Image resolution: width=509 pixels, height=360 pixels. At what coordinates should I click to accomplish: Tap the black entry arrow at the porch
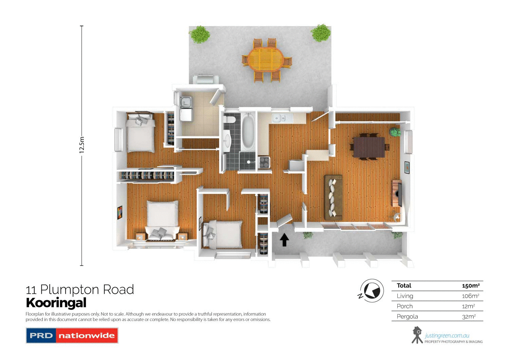click(x=284, y=240)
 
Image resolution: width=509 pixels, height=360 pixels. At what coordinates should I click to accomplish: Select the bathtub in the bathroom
click(x=248, y=131)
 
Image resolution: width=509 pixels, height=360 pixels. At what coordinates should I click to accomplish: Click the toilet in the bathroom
click(x=230, y=120)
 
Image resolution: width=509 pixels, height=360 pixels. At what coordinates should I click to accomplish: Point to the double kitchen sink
click(x=280, y=118)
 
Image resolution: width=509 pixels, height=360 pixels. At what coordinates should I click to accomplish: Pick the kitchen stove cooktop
click(x=264, y=162)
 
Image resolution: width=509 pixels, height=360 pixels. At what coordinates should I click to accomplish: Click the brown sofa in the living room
click(x=333, y=197)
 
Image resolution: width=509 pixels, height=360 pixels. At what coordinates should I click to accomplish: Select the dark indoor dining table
click(x=369, y=147)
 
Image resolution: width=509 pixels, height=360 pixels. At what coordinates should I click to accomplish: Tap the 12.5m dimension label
click(x=82, y=145)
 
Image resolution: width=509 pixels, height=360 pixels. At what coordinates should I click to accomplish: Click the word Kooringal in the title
click(x=56, y=303)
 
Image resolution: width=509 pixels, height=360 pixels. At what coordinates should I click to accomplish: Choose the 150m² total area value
click(x=471, y=286)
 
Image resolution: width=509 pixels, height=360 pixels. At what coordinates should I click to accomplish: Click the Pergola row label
click(x=407, y=317)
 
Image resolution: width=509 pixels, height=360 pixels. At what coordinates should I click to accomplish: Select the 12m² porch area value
click(x=468, y=306)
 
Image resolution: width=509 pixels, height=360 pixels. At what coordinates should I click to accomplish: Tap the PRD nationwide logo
click(x=72, y=336)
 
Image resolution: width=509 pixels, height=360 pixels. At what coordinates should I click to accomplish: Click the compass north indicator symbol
click(x=372, y=291)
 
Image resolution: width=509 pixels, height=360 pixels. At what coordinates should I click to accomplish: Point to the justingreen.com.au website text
click(x=447, y=336)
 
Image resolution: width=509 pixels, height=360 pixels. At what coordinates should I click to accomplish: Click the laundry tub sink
click(x=186, y=102)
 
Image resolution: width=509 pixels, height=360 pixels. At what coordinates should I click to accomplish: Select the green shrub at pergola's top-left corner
click(x=200, y=34)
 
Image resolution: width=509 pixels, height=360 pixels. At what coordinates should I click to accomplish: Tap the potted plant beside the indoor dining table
click(x=395, y=132)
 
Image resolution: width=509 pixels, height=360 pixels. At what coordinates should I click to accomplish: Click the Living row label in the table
click(x=405, y=296)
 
